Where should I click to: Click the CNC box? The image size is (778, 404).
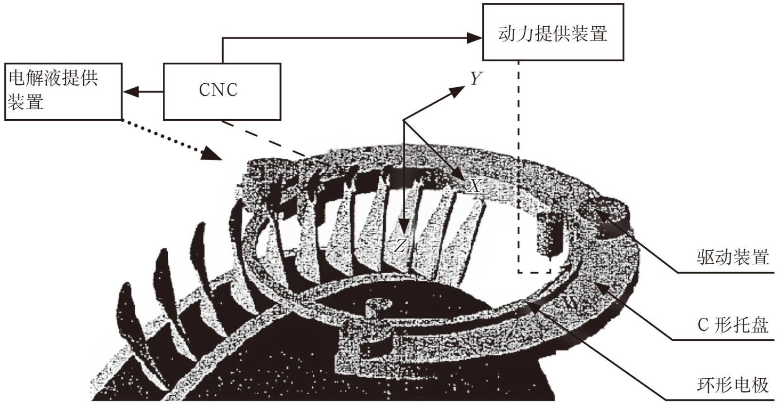pos(222,91)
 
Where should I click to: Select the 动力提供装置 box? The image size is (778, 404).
pos(553,32)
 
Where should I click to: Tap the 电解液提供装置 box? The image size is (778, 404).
pos(63,91)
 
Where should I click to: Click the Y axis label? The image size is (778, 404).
pos(476,78)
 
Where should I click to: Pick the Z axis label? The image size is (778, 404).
pos(400,246)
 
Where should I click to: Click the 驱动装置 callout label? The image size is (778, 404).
pos(732,257)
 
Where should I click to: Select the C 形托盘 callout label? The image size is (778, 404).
pos(732,325)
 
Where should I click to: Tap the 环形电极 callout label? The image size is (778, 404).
pos(732,385)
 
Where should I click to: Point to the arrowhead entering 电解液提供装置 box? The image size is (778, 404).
pos(129,91)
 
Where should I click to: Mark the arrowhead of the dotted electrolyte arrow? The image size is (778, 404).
pos(213,155)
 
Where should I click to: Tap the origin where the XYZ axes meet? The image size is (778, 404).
pos(404,120)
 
